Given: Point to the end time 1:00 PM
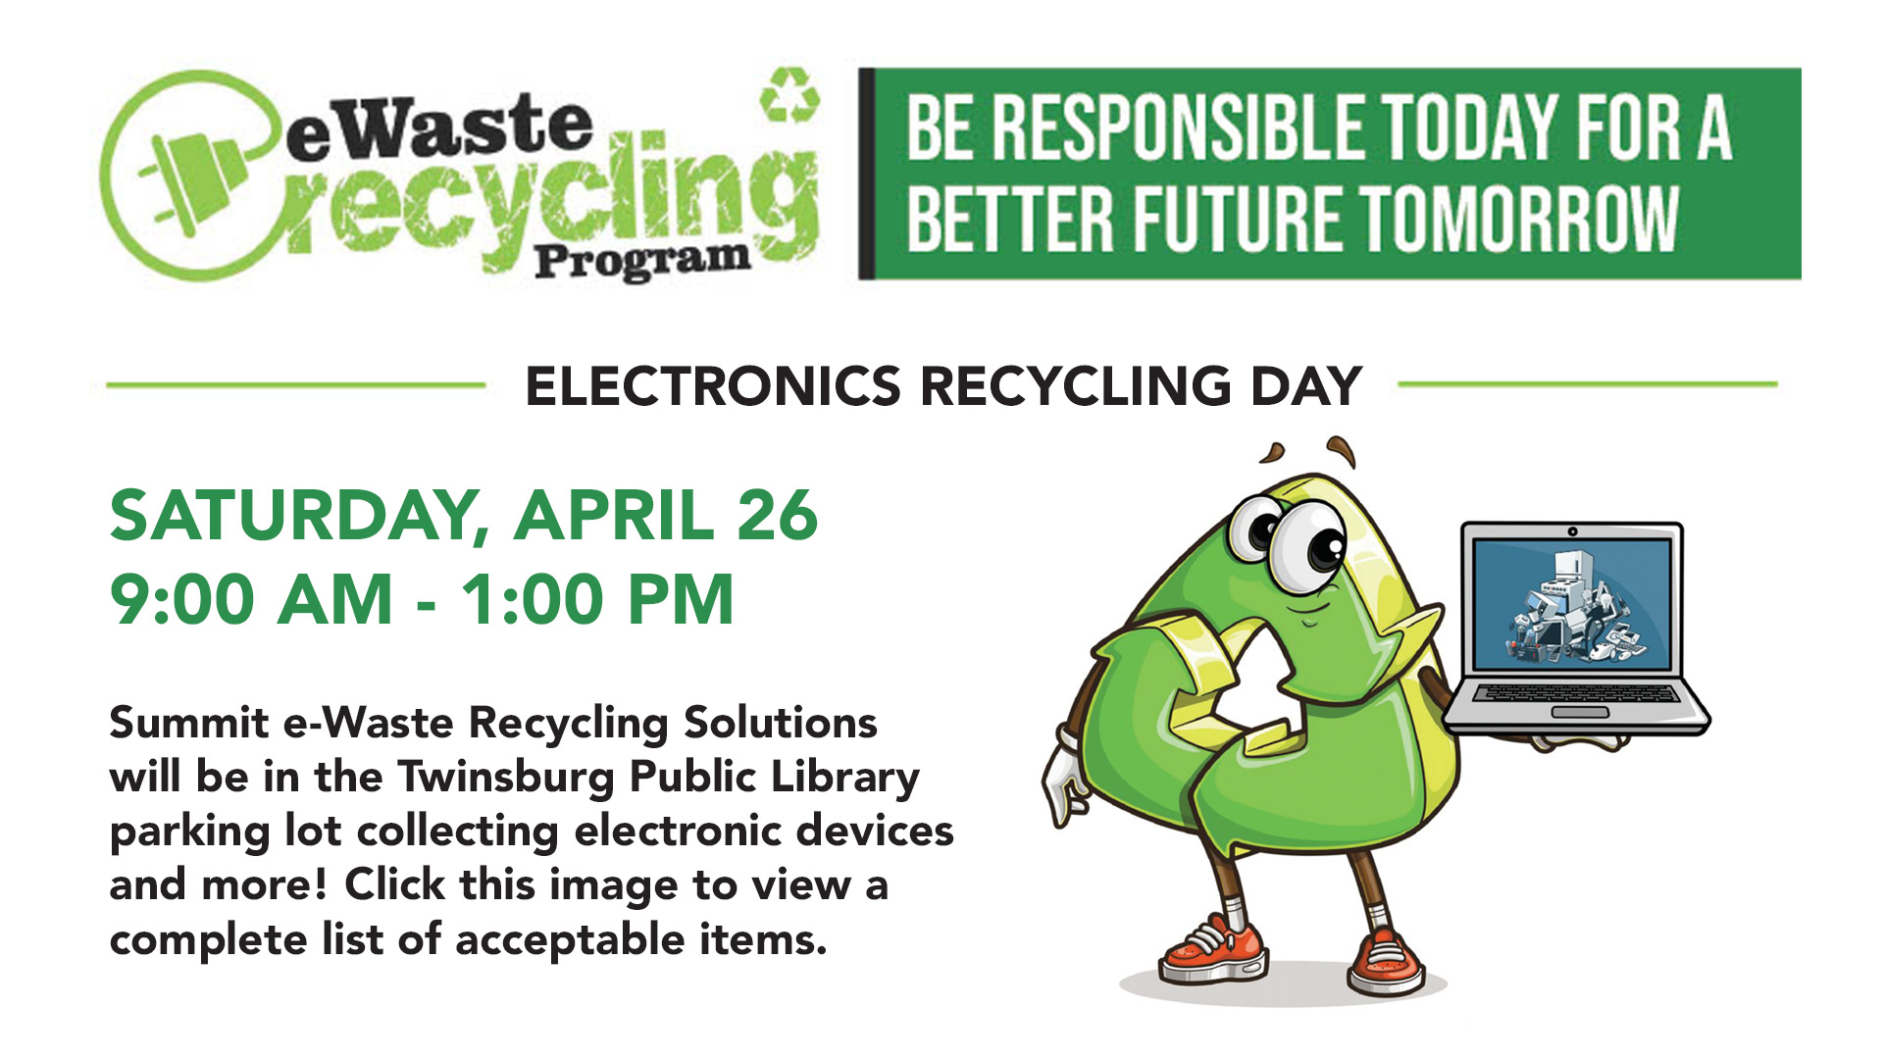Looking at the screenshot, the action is tap(596, 600).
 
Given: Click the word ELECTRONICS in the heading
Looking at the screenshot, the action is tap(713, 385).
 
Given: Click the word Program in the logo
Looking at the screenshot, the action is tap(642, 261).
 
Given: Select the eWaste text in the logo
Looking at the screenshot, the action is tap(439, 128).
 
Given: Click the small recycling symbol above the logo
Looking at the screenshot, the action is tap(789, 94).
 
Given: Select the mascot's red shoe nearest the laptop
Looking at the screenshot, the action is tap(1386, 962).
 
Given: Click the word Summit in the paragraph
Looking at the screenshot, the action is tap(188, 723).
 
